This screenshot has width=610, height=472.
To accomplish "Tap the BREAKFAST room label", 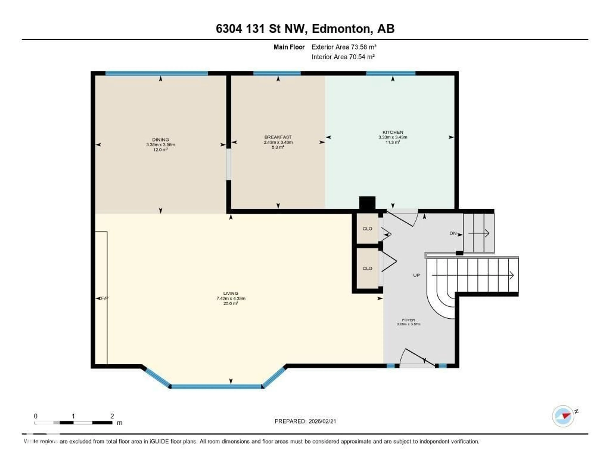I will pyautogui.click(x=278, y=137).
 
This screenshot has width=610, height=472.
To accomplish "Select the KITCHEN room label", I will pyautogui.click(x=393, y=132).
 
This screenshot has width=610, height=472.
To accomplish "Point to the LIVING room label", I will pyautogui.click(x=230, y=293).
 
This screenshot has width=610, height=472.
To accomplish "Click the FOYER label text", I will pyautogui.click(x=408, y=320).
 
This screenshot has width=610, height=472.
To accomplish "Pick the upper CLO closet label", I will pyautogui.click(x=367, y=229).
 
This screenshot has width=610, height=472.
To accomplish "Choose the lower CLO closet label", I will pyautogui.click(x=367, y=268).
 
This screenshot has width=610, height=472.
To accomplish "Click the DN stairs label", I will pyautogui.click(x=453, y=233).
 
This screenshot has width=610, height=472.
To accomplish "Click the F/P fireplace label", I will pyautogui.click(x=105, y=298).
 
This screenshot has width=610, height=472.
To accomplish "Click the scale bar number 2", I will pyautogui.click(x=112, y=416).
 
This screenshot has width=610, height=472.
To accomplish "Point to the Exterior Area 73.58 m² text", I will pyautogui.click(x=344, y=47).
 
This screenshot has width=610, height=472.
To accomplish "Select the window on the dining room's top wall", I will pyautogui.click(x=156, y=73).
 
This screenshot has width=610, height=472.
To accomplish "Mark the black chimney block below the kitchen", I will pyautogui.click(x=367, y=203).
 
